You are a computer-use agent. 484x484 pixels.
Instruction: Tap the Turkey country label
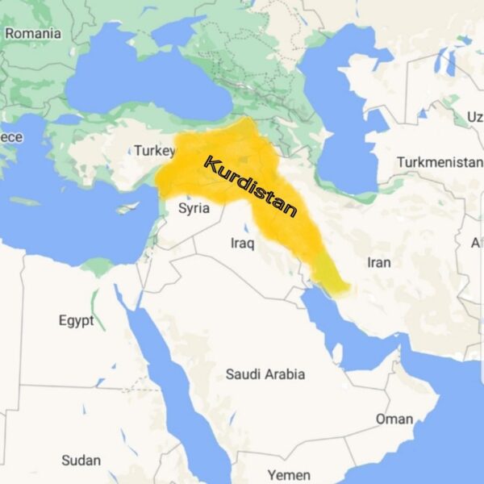(154, 151)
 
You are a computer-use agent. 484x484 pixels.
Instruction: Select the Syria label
(194, 208)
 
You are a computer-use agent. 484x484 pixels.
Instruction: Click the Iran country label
(379, 262)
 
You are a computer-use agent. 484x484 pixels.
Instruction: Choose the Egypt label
(76, 320)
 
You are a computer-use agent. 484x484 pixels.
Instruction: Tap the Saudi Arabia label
(265, 374)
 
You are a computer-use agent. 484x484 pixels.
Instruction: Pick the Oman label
(394, 419)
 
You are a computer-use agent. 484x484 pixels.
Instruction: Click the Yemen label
(289, 474)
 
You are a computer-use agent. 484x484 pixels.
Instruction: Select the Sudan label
(81, 461)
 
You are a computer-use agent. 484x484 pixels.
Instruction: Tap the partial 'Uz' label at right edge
(474, 118)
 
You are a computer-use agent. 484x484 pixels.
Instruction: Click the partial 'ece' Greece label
(11, 137)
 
